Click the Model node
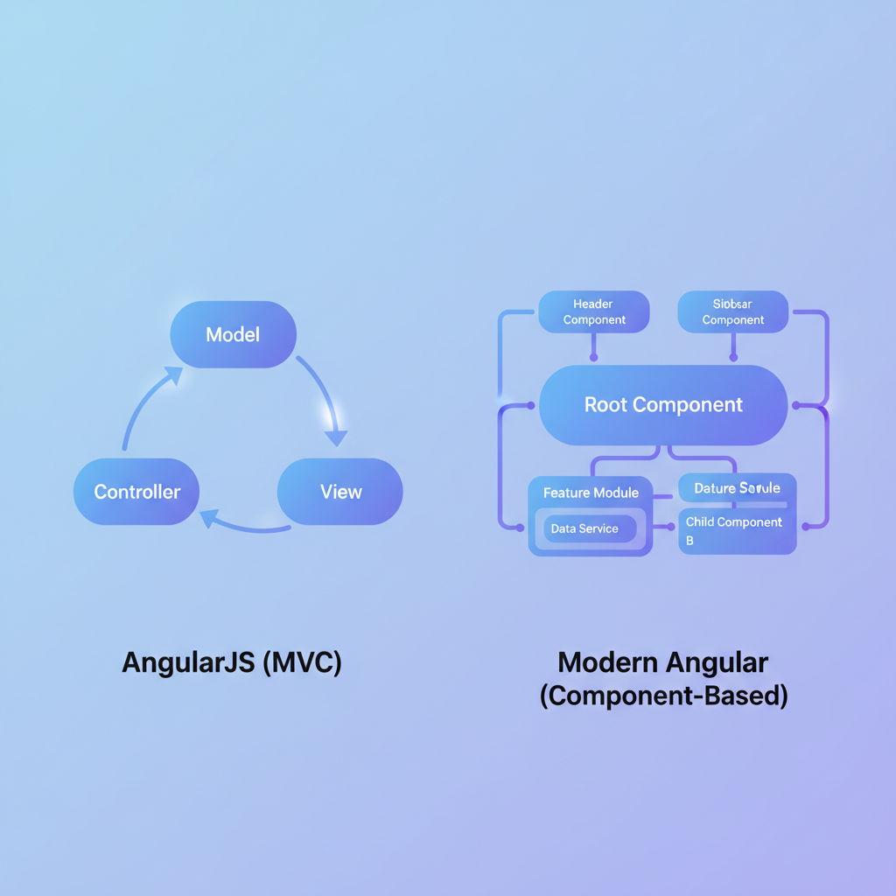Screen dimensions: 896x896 [233, 334]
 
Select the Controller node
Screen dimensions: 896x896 [136, 492]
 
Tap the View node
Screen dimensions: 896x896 [340, 492]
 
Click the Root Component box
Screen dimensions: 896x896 [663, 405]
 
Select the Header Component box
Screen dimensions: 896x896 [594, 312]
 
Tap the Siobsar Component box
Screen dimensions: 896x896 [733, 312]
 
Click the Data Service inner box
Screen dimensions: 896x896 [584, 528]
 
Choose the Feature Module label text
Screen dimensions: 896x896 [591, 493]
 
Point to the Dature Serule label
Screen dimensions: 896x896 [737, 487]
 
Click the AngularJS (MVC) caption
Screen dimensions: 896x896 [232, 662]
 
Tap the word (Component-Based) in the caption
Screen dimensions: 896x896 [663, 696]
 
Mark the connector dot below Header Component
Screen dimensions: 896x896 [594, 357]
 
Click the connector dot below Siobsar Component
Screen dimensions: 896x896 [733, 357]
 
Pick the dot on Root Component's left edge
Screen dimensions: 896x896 [531, 405]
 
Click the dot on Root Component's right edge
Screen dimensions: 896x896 [795, 405]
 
